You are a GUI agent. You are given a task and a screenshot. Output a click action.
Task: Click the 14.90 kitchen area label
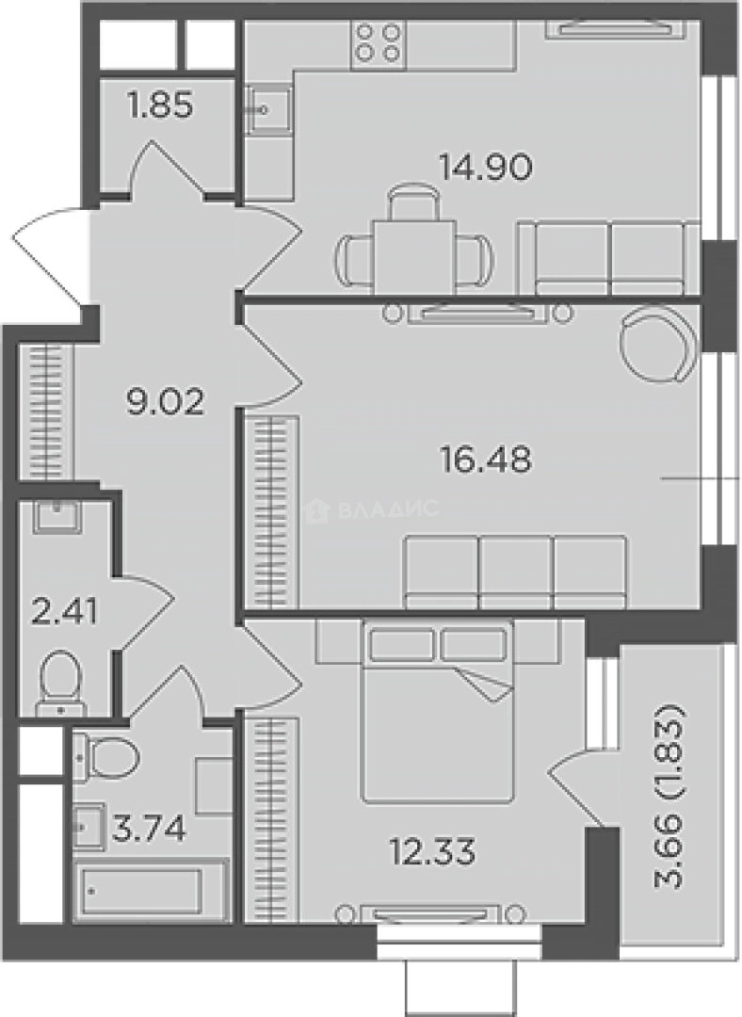[486, 168]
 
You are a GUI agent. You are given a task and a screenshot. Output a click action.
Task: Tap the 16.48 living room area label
[486, 460]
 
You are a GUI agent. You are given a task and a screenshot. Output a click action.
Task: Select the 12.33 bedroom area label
[432, 850]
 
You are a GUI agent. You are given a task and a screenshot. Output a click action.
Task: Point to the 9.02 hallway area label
[165, 401]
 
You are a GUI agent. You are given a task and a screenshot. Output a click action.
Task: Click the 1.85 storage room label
[160, 105]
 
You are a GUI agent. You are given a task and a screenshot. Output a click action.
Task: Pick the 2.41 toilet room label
[64, 611]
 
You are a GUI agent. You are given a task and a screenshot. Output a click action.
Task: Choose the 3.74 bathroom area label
[149, 829]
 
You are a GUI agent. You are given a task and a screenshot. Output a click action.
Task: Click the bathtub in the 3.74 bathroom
[150, 891]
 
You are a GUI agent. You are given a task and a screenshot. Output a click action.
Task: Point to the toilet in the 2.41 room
[61, 683]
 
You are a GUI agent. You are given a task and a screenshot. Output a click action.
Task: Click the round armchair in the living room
[659, 344]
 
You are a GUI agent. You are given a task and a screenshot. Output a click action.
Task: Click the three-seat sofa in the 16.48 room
[516, 572]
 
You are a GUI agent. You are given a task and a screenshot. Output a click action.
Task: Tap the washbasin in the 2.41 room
[56, 516]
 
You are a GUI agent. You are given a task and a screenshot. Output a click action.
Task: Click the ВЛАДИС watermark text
[388, 509]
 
